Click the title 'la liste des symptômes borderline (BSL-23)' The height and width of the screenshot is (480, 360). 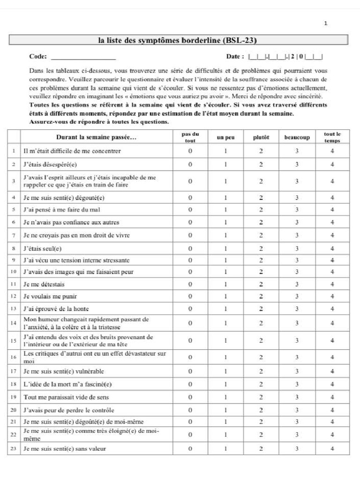(178, 40)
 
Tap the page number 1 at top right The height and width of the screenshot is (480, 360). (326, 24)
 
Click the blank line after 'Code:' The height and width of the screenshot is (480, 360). (83, 58)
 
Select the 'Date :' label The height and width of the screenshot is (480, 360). (235, 57)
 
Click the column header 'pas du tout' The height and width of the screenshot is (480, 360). (190, 137)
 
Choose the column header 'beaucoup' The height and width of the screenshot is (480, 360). (297, 137)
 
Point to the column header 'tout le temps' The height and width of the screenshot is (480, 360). (332, 137)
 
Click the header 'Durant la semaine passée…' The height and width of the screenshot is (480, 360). (97, 137)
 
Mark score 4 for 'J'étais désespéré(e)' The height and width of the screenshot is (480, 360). (332, 165)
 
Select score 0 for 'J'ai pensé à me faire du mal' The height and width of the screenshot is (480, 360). (190, 210)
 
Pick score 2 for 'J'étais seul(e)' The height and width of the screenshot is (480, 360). (261, 248)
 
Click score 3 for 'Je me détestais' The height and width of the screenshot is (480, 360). (297, 284)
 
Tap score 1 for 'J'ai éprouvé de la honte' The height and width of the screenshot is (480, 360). (225, 309)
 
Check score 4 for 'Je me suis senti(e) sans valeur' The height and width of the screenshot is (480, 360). (332, 449)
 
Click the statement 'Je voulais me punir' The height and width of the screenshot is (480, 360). (50, 296)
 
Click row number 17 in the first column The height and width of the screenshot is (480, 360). (14, 371)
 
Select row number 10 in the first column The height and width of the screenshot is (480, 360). (14, 272)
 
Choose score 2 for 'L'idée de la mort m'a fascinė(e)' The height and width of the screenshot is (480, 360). (261, 384)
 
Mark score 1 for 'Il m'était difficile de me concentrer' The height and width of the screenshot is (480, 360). (225, 151)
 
